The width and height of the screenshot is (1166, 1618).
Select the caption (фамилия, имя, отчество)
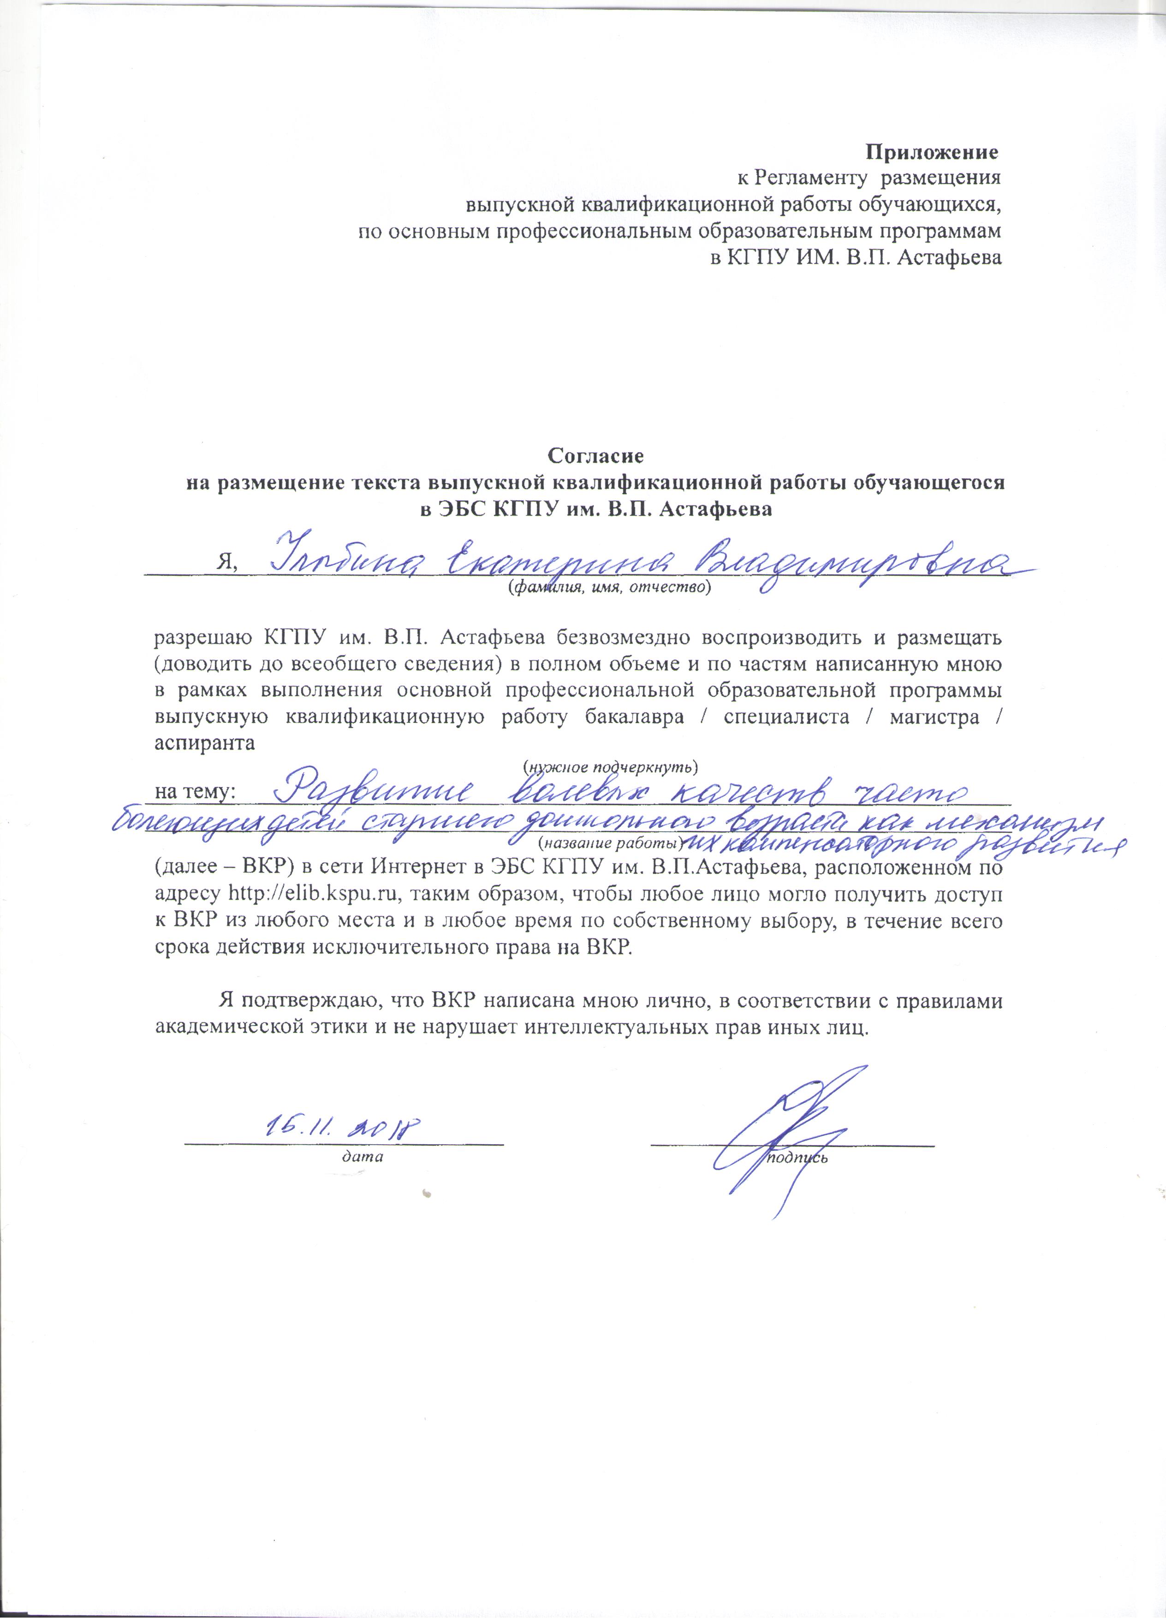click(610, 587)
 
